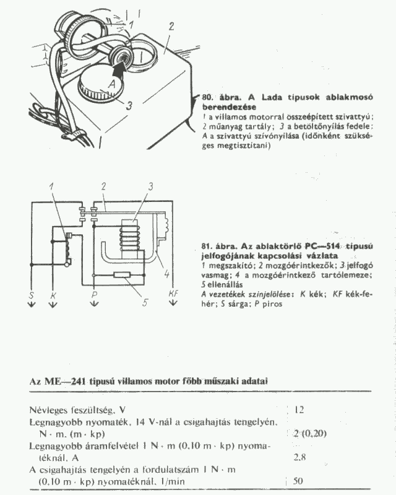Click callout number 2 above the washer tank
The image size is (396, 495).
pyautogui.click(x=171, y=25)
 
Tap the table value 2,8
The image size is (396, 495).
pyautogui.click(x=302, y=457)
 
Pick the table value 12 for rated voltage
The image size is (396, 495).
pyautogui.click(x=299, y=410)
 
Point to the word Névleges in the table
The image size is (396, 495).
pyautogui.click(x=49, y=410)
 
